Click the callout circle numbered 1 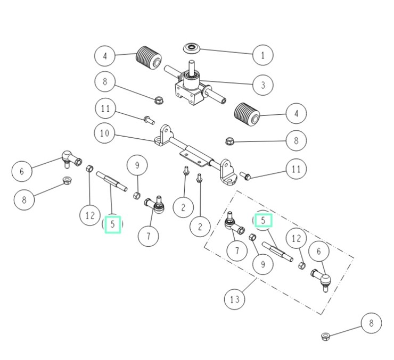(263, 54)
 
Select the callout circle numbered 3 (263, 85)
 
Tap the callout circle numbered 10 (104, 133)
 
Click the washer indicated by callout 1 (193, 49)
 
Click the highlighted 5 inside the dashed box (263, 220)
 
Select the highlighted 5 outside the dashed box (113, 224)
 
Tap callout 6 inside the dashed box (319, 252)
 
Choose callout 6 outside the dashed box (22, 171)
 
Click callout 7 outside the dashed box (148, 235)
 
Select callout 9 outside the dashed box (137, 166)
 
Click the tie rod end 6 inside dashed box (321, 278)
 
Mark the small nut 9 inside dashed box (253, 238)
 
